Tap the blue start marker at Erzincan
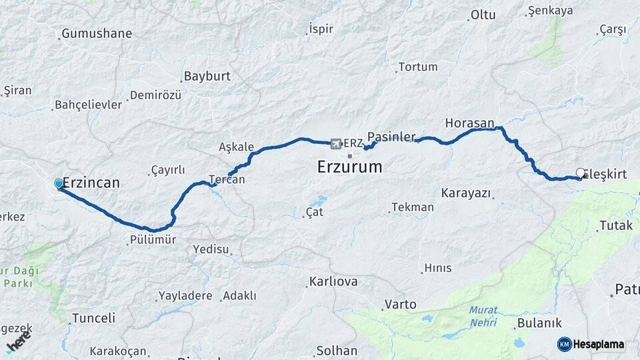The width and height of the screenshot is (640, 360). pos(59,183)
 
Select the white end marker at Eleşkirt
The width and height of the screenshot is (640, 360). pos(580,173)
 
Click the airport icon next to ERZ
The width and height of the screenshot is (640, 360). pos(335,143)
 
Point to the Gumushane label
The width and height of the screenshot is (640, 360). pos(97,33)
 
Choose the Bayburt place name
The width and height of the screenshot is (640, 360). pos(207,76)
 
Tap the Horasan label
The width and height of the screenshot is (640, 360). pos(470,123)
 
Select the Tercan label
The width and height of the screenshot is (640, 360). pos(227,179)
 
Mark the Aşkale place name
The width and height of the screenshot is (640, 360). pos(237,147)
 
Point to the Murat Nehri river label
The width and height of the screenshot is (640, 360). pos(483,315)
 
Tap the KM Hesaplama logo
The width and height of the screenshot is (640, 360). pos(591,344)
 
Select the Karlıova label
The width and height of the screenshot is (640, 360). pos(333,281)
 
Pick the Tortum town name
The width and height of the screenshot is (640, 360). pos(417,67)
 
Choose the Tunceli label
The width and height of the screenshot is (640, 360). pos(93,318)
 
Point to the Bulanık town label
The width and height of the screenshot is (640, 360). pos(539,323)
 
